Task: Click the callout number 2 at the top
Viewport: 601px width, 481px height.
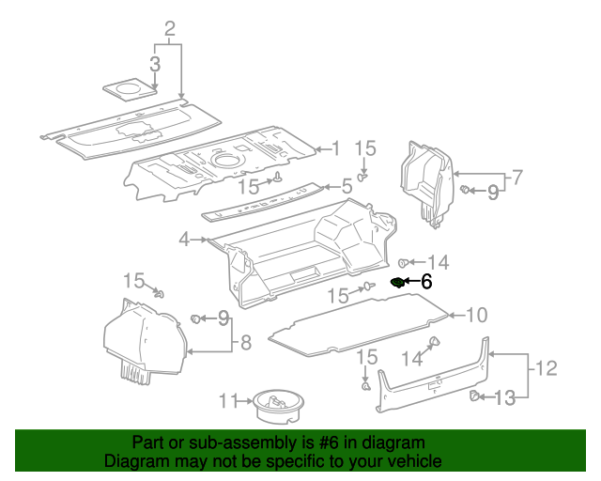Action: tap(170, 29)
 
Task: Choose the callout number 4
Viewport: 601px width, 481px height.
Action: tap(185, 240)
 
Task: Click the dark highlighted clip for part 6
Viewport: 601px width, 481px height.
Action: tap(397, 281)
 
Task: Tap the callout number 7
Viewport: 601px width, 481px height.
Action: tap(515, 176)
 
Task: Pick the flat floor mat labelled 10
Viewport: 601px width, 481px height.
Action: tap(357, 319)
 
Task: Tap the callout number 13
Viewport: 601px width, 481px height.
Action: tap(504, 398)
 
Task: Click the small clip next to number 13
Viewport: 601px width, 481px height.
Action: tap(475, 396)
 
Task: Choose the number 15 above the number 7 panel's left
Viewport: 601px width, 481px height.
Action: tap(364, 147)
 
